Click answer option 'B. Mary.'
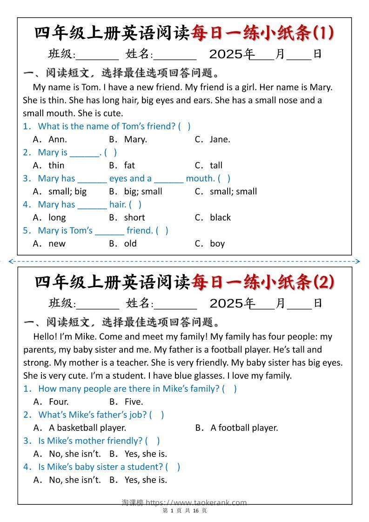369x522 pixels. (x=127, y=139)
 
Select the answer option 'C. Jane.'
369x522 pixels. (x=212, y=139)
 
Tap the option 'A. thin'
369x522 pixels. (x=49, y=165)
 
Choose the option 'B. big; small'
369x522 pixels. (x=135, y=191)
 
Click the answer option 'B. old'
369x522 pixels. (x=123, y=243)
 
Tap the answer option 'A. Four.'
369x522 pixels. (x=51, y=402)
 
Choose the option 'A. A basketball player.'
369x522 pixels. (x=80, y=428)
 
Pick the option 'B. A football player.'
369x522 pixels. (x=236, y=428)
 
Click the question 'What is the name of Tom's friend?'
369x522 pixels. (x=107, y=126)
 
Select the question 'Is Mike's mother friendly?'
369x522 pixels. (x=90, y=441)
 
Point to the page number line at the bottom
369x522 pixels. (x=184, y=510)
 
